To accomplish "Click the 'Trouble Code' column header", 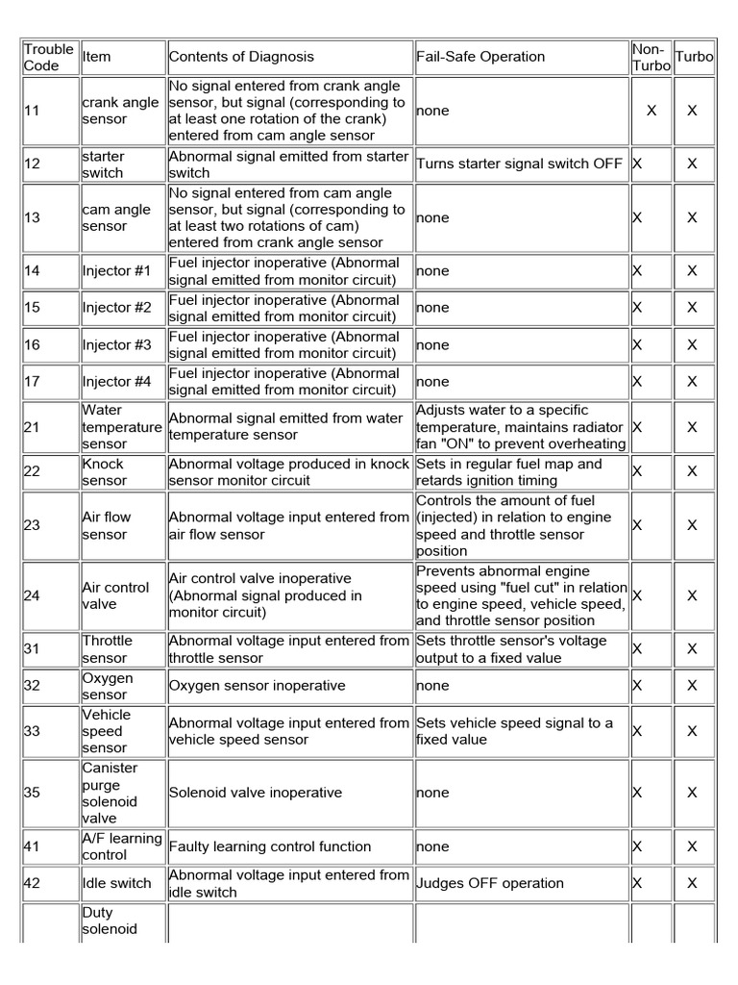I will coord(48,57).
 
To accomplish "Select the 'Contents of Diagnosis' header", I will coord(241,57).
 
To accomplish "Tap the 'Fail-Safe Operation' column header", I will coord(480,57).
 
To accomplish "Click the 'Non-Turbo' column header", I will coord(651,57).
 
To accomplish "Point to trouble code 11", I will coord(32,111).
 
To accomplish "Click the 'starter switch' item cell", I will coord(103,164).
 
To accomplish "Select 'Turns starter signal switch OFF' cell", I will coord(519,164).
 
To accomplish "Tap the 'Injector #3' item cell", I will coord(116,344).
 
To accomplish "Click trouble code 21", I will coord(32,427).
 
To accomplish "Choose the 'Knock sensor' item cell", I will coord(104,471).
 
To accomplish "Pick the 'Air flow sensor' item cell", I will coord(107,525).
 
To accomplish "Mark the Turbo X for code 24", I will coord(692,595).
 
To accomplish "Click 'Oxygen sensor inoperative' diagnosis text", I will coord(257,686).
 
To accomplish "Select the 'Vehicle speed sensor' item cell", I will coord(105,731).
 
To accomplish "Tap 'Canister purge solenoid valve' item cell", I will coord(111,793).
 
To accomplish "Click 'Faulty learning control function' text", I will coord(269,846).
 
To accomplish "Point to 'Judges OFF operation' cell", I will coord(490,883).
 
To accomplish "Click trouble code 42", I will coord(32,883).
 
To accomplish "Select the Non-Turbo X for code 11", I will coord(652,111).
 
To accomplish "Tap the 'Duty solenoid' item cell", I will coord(111,921).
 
